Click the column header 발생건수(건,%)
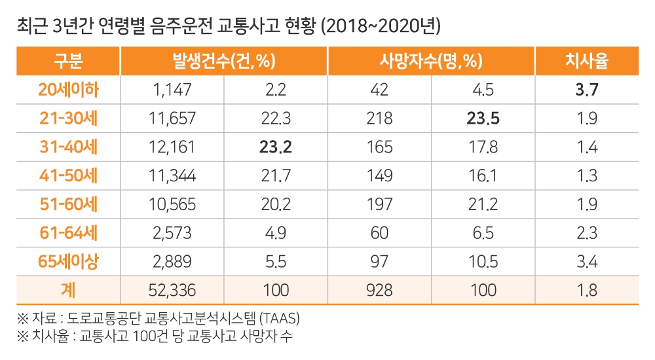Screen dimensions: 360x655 [223, 62]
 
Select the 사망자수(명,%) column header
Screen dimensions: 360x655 [430, 62]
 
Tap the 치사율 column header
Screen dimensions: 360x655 [586, 62]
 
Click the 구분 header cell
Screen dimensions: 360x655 [67, 62]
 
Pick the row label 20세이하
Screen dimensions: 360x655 [67, 90]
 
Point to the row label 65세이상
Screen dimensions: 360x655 [67, 261]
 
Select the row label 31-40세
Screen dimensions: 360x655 [67, 147]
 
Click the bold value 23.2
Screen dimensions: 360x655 [276, 147]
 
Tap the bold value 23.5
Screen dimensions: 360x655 [483, 118]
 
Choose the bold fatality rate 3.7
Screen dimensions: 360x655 [586, 90]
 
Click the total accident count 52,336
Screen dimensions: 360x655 [172, 289]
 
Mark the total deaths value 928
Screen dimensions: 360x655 [379, 289]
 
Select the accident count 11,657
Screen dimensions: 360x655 [172, 118]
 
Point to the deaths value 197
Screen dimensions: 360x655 [379, 204]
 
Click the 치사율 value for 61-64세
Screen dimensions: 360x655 [586, 232]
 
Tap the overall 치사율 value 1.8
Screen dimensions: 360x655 [586, 289]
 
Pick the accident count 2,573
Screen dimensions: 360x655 [172, 232]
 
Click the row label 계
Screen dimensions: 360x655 [67, 289]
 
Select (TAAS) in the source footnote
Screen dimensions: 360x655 [282, 319]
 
